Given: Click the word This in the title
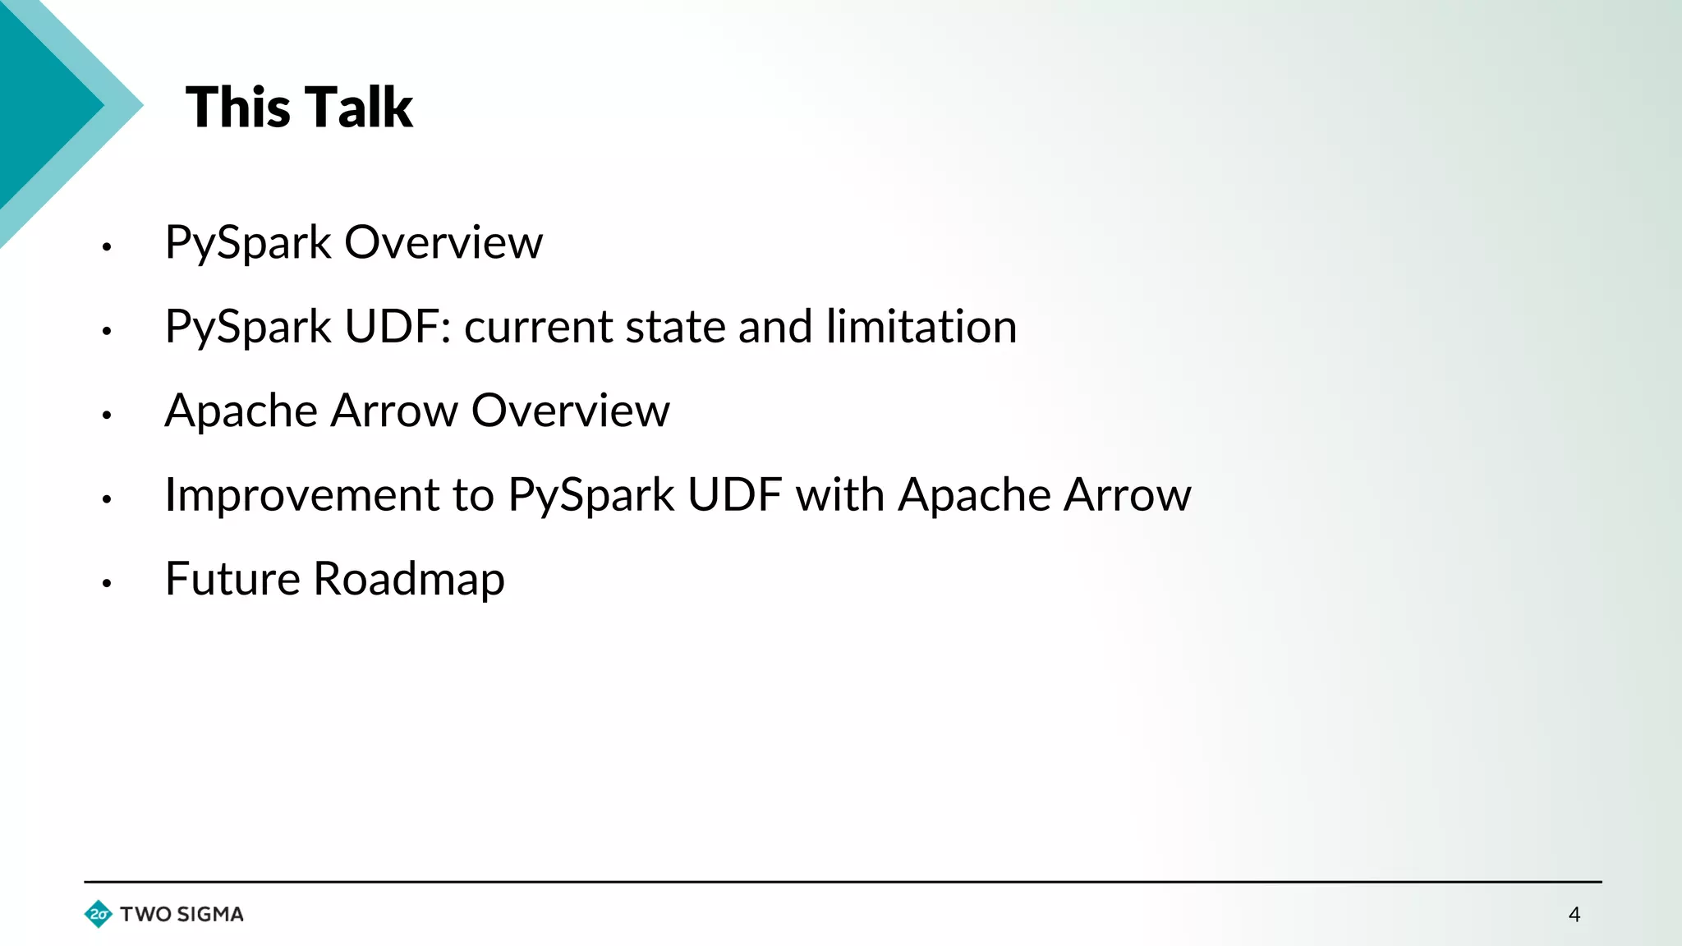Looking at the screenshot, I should [x=238, y=108].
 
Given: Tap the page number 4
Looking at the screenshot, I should [x=1574, y=915].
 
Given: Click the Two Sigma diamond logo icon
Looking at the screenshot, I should [x=99, y=914].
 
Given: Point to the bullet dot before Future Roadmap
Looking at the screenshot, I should [x=107, y=583].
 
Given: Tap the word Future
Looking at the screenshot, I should [x=232, y=579].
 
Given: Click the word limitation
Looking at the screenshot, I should [x=921, y=327].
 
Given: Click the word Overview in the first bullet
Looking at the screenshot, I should [x=443, y=243].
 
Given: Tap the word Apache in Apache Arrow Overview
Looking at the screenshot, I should [x=241, y=411].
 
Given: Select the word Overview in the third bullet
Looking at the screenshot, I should [x=570, y=411].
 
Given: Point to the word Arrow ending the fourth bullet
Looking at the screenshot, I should [x=1128, y=495].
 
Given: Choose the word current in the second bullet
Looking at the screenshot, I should [x=538, y=327].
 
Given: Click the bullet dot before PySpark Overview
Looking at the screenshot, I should [x=107, y=246].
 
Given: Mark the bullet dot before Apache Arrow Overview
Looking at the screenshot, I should [x=107, y=416].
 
